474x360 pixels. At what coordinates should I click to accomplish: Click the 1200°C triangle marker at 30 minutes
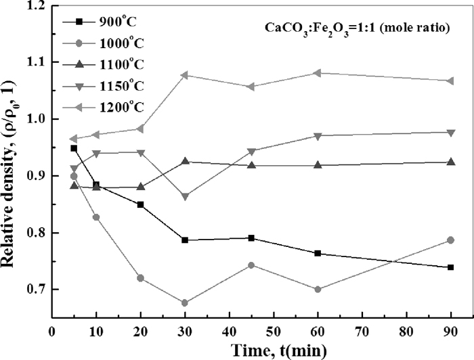184,75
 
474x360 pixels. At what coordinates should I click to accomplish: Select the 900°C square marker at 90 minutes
450,267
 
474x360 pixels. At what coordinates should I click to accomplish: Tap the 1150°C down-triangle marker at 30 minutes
184,196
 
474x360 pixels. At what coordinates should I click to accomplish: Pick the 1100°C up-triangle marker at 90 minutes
450,162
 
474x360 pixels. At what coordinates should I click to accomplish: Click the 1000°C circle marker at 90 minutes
450,240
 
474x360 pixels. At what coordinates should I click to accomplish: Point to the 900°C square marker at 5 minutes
74,148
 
